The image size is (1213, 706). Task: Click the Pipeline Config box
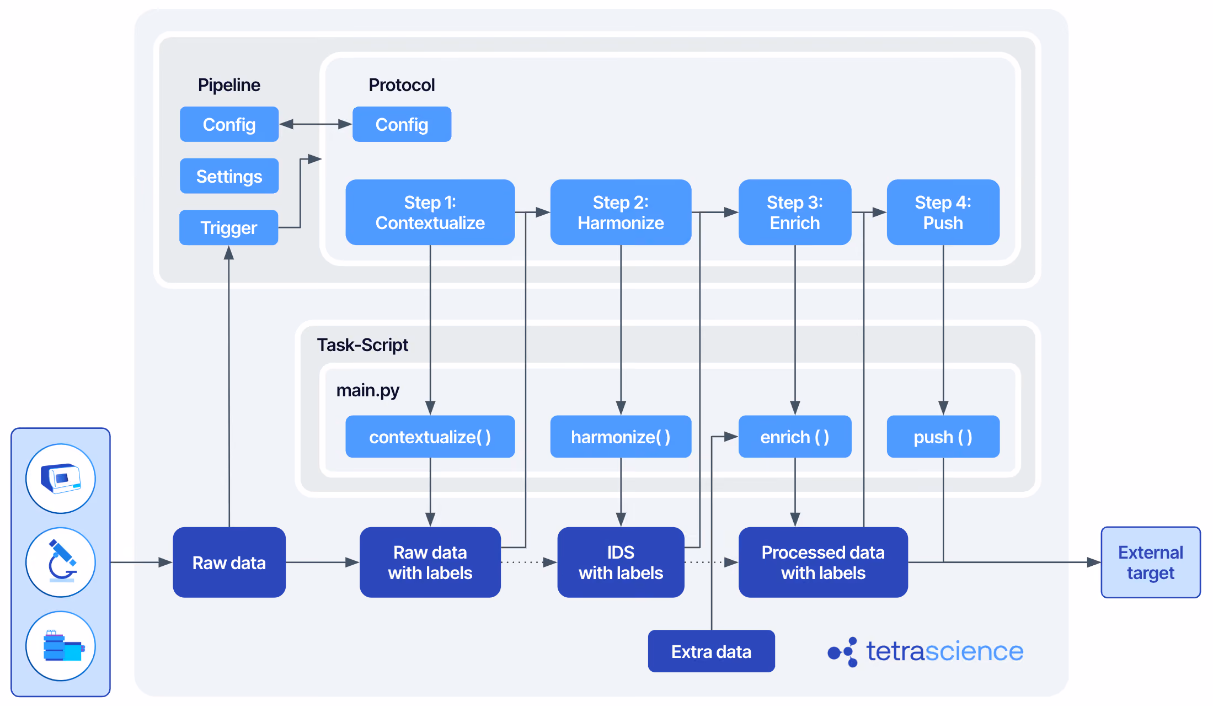[229, 124]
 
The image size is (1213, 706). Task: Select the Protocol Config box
[402, 124]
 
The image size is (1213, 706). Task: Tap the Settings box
[229, 176]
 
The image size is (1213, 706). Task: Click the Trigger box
[228, 227]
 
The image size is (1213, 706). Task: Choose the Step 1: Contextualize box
[430, 212]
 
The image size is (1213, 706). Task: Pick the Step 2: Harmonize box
[621, 212]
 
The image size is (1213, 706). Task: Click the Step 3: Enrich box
[795, 212]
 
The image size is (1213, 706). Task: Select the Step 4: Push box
[943, 212]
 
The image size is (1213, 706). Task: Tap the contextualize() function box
[430, 437]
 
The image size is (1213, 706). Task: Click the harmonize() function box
[621, 437]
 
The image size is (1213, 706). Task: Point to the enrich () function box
[795, 437]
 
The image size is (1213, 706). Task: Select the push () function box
[943, 437]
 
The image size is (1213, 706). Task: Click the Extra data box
[712, 651]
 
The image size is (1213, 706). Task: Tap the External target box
[1151, 562]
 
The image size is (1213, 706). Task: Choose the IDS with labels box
[621, 562]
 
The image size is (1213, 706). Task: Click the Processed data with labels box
[823, 562]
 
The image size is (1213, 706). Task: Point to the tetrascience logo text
[945, 651]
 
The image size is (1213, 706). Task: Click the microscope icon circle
[61, 562]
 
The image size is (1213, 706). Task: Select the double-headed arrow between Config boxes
[316, 124]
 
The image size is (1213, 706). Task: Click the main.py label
[368, 390]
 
